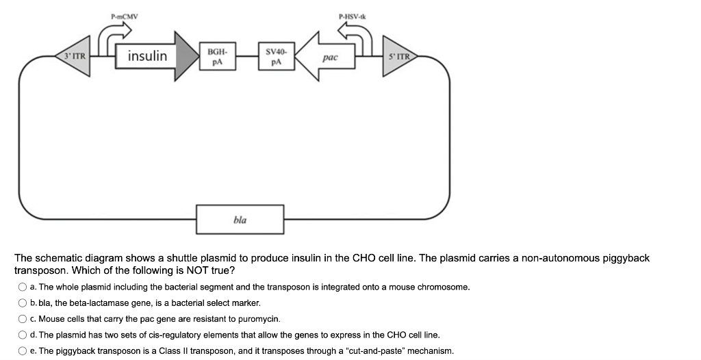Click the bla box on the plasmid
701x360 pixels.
pyautogui.click(x=240, y=220)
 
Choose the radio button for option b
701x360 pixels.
pyautogui.click(x=23, y=303)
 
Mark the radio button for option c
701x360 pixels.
pyautogui.click(x=23, y=319)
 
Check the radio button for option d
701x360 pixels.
pyautogui.click(x=23, y=335)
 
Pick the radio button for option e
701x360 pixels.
pyautogui.click(x=23, y=351)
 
